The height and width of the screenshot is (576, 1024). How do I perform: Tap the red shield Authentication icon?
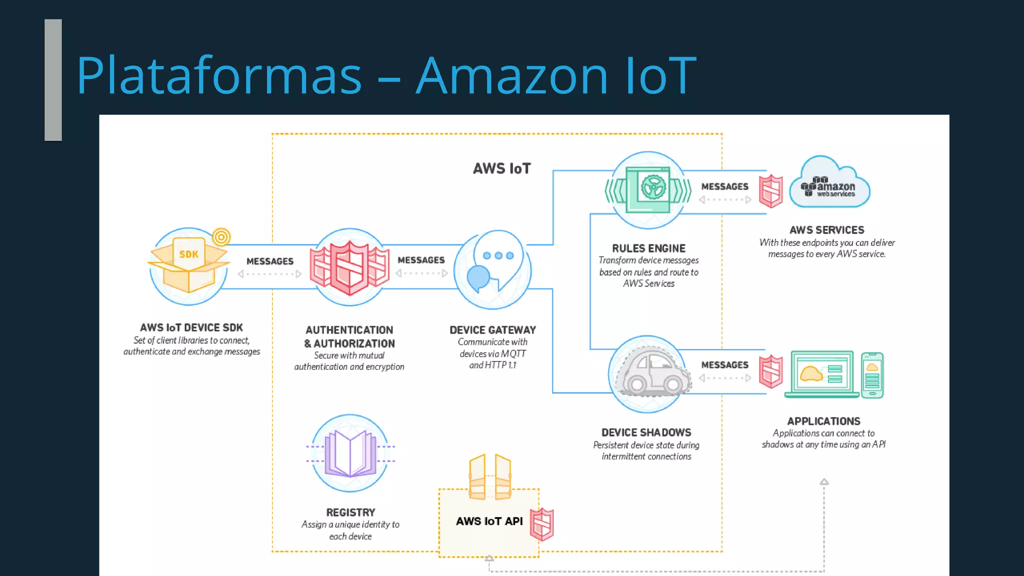(x=349, y=267)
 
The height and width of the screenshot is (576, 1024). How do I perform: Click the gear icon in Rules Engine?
(x=652, y=188)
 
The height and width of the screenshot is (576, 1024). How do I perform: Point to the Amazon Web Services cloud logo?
(x=829, y=184)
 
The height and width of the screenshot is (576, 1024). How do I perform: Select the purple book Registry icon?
(x=350, y=453)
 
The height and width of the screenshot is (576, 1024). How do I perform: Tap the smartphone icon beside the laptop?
(x=872, y=375)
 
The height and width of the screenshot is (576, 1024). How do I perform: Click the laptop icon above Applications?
(x=821, y=374)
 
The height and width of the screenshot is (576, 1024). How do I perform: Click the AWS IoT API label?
(x=489, y=521)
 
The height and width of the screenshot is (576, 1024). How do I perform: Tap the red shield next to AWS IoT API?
(x=542, y=524)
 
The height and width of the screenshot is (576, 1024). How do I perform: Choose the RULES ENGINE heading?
(x=648, y=248)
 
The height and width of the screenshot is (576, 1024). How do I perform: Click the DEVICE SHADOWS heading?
(x=646, y=432)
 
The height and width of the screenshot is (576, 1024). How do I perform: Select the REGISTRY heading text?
(x=350, y=512)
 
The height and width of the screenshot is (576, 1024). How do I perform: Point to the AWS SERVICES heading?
(x=826, y=230)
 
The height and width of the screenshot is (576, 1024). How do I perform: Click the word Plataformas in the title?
(x=218, y=75)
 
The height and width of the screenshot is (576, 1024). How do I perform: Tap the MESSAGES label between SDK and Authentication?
(x=269, y=261)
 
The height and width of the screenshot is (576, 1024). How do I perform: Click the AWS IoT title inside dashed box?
(x=501, y=168)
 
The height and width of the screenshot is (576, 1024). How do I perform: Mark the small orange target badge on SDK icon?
(x=221, y=236)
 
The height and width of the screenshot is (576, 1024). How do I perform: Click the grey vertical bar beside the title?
(x=53, y=80)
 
